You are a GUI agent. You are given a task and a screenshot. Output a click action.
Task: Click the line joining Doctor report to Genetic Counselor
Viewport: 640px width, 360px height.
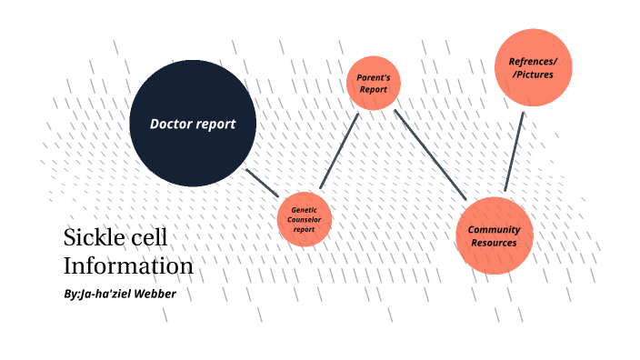[262, 182]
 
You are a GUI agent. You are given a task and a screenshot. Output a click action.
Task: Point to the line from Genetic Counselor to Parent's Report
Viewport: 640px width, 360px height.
[340, 151]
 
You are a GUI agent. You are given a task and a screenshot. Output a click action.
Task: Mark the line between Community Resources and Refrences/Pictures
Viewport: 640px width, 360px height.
[515, 151]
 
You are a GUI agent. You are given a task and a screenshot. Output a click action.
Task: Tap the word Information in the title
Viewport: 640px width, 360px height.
[128, 266]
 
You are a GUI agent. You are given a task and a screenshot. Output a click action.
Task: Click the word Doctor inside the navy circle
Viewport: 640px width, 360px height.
[172, 124]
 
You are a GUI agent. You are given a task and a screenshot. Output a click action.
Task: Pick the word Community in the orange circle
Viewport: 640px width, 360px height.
[494, 229]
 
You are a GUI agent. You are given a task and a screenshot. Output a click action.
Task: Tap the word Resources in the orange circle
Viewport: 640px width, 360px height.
[494, 243]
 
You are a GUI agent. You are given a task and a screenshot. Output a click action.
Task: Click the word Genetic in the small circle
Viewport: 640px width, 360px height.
[304, 210]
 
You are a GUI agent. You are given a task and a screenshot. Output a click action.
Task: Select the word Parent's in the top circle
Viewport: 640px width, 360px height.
[373, 78]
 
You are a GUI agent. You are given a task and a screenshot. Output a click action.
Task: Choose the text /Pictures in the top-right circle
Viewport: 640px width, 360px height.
[533, 75]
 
